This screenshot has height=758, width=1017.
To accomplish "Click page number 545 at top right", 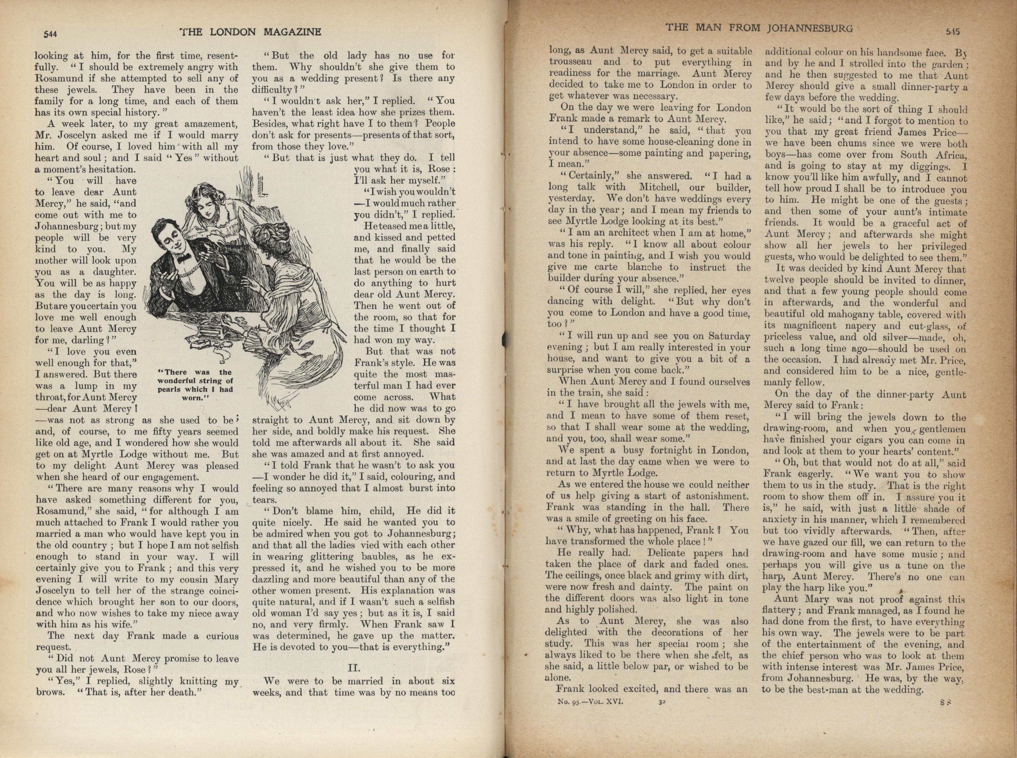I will tap(953, 32).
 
